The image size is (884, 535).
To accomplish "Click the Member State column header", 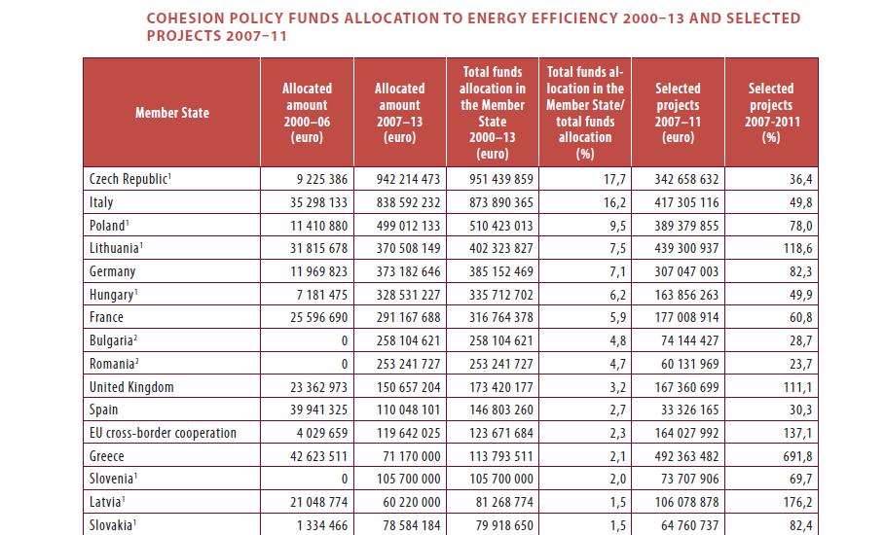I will [171, 113].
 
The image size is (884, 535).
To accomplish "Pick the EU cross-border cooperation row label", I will [163, 433].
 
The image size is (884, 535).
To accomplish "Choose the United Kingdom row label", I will [131, 387].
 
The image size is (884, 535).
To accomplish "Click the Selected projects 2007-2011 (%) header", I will [771, 113].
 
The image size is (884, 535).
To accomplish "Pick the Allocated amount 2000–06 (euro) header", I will [307, 113].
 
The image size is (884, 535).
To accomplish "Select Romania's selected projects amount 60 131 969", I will [681, 364].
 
